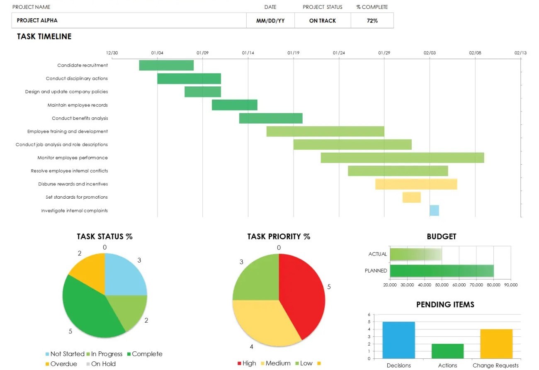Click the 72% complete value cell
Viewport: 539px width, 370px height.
click(372, 21)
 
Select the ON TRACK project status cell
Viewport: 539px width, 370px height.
click(323, 21)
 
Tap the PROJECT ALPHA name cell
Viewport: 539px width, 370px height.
click(129, 21)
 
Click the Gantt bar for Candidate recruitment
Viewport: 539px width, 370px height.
click(166, 66)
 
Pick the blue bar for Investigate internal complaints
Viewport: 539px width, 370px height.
click(434, 211)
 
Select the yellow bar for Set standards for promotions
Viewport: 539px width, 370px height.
click(411, 197)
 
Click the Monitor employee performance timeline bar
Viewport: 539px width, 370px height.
click(402, 158)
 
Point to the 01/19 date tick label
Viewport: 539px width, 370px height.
click(293, 53)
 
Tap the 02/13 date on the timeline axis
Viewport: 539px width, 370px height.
click(520, 53)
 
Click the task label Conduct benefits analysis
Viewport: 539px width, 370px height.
click(80, 118)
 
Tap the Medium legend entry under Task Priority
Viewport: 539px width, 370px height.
click(278, 363)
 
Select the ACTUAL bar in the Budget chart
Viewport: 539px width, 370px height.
click(415, 254)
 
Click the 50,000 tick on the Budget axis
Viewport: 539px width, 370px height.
click(442, 285)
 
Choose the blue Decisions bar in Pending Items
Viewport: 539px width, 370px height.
click(398, 340)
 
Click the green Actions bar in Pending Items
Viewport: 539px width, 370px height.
click(447, 351)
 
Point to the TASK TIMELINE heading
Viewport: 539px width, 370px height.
click(44, 37)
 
